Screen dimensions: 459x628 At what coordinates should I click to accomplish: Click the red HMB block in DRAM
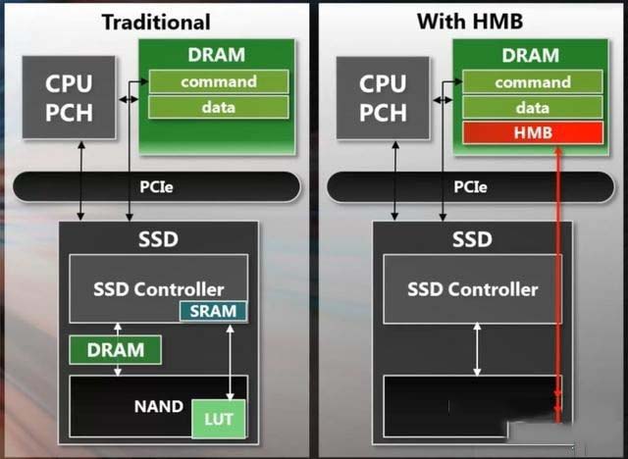(533, 132)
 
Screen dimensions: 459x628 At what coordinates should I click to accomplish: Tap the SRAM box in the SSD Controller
(214, 312)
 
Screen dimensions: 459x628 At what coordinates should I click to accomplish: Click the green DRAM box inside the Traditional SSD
(116, 349)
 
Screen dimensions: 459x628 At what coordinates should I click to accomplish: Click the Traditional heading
(156, 21)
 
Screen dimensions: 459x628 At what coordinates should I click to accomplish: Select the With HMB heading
(470, 21)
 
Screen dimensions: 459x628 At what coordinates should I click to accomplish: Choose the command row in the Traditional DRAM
(219, 81)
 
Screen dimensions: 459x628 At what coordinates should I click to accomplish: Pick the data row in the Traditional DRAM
(219, 107)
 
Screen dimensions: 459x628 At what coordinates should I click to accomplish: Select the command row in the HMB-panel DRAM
(533, 81)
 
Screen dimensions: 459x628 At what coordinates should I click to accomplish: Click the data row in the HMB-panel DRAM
(533, 107)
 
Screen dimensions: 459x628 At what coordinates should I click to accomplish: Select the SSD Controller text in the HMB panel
(473, 289)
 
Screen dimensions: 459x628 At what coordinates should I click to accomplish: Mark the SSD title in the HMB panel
(472, 239)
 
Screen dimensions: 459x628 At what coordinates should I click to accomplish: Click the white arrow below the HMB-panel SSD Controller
(477, 349)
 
